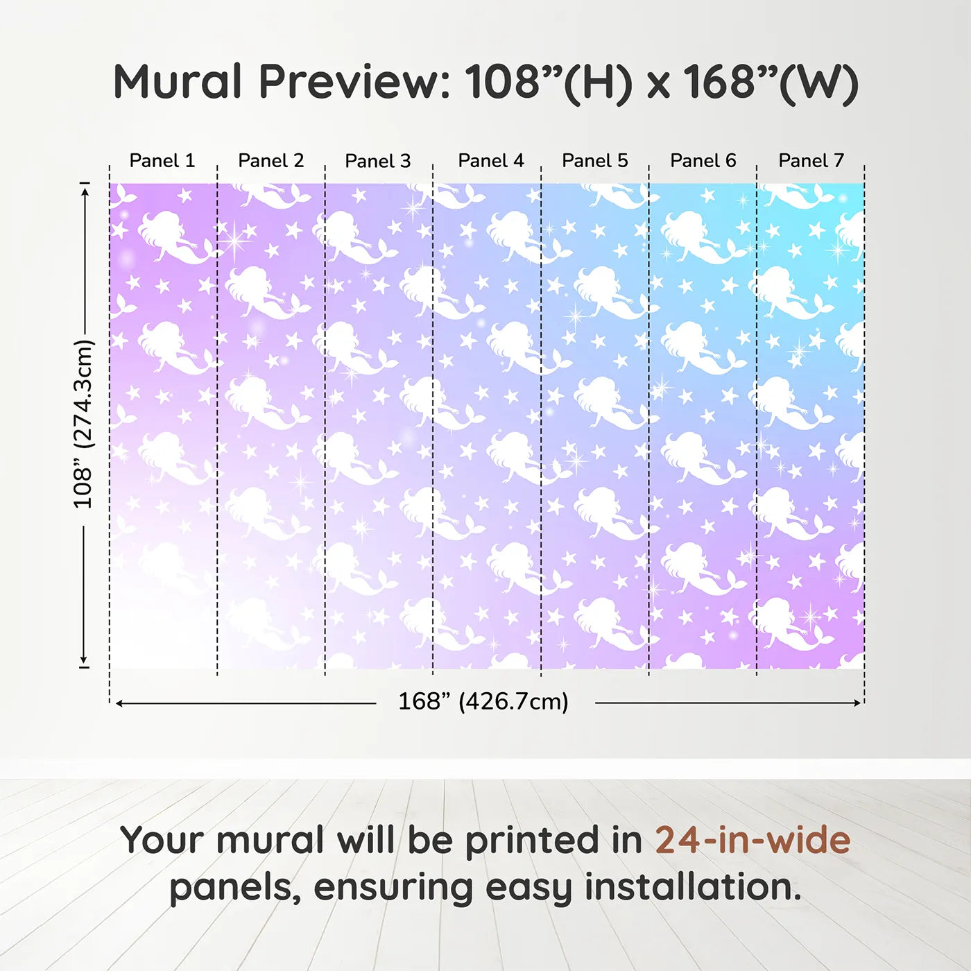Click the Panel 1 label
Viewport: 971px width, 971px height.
[x=162, y=160]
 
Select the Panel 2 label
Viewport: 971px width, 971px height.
[x=270, y=160]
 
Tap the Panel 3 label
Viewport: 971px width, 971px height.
[x=378, y=161]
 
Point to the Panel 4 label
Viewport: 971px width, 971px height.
[x=491, y=160]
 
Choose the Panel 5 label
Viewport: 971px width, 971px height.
[x=594, y=160]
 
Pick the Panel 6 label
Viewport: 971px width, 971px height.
[x=703, y=160]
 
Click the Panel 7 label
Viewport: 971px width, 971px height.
[x=811, y=160]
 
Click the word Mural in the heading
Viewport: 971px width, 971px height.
[x=178, y=81]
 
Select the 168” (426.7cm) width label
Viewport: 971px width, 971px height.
[x=483, y=701]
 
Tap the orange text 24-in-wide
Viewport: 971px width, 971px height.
[x=753, y=840]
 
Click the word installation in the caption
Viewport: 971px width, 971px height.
[x=693, y=887]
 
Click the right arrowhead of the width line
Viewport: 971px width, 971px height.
[x=858, y=703]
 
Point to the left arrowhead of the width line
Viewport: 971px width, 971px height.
[x=119, y=703]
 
